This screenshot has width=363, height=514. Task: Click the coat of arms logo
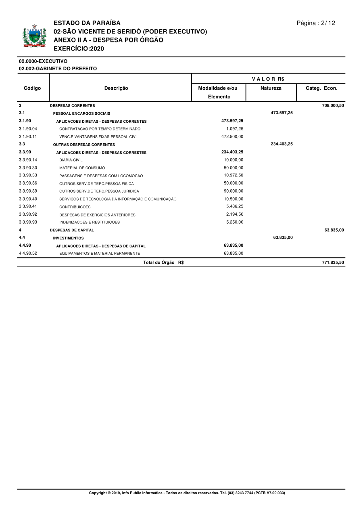pos(34,36)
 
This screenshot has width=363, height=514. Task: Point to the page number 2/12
pos(316,23)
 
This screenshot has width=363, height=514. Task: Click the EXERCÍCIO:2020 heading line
pos(79,48)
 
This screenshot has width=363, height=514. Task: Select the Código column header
pos(32,88)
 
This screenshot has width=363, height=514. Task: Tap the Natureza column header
pos(271,88)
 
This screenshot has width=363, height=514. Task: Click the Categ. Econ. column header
pos(321,88)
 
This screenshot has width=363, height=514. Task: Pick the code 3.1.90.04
pos(28,129)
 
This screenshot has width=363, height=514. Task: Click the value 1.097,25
pos(235,129)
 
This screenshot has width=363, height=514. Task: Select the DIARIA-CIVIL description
pos(71,160)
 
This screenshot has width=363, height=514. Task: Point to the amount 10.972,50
pos(234,175)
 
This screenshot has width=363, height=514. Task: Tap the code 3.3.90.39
pos(28,191)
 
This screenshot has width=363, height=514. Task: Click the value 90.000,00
pos(234,191)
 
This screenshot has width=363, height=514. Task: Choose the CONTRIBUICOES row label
pos(75,207)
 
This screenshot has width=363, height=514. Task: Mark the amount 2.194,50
pos(235,214)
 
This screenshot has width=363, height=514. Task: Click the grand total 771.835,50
pos(333,262)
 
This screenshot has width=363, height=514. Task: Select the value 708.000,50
pos(333,105)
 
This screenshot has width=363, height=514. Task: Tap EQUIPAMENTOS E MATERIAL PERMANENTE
pos(100,254)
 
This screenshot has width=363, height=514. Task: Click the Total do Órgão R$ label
pos(163,262)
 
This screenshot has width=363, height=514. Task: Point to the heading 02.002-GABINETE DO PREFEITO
pos(58,69)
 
